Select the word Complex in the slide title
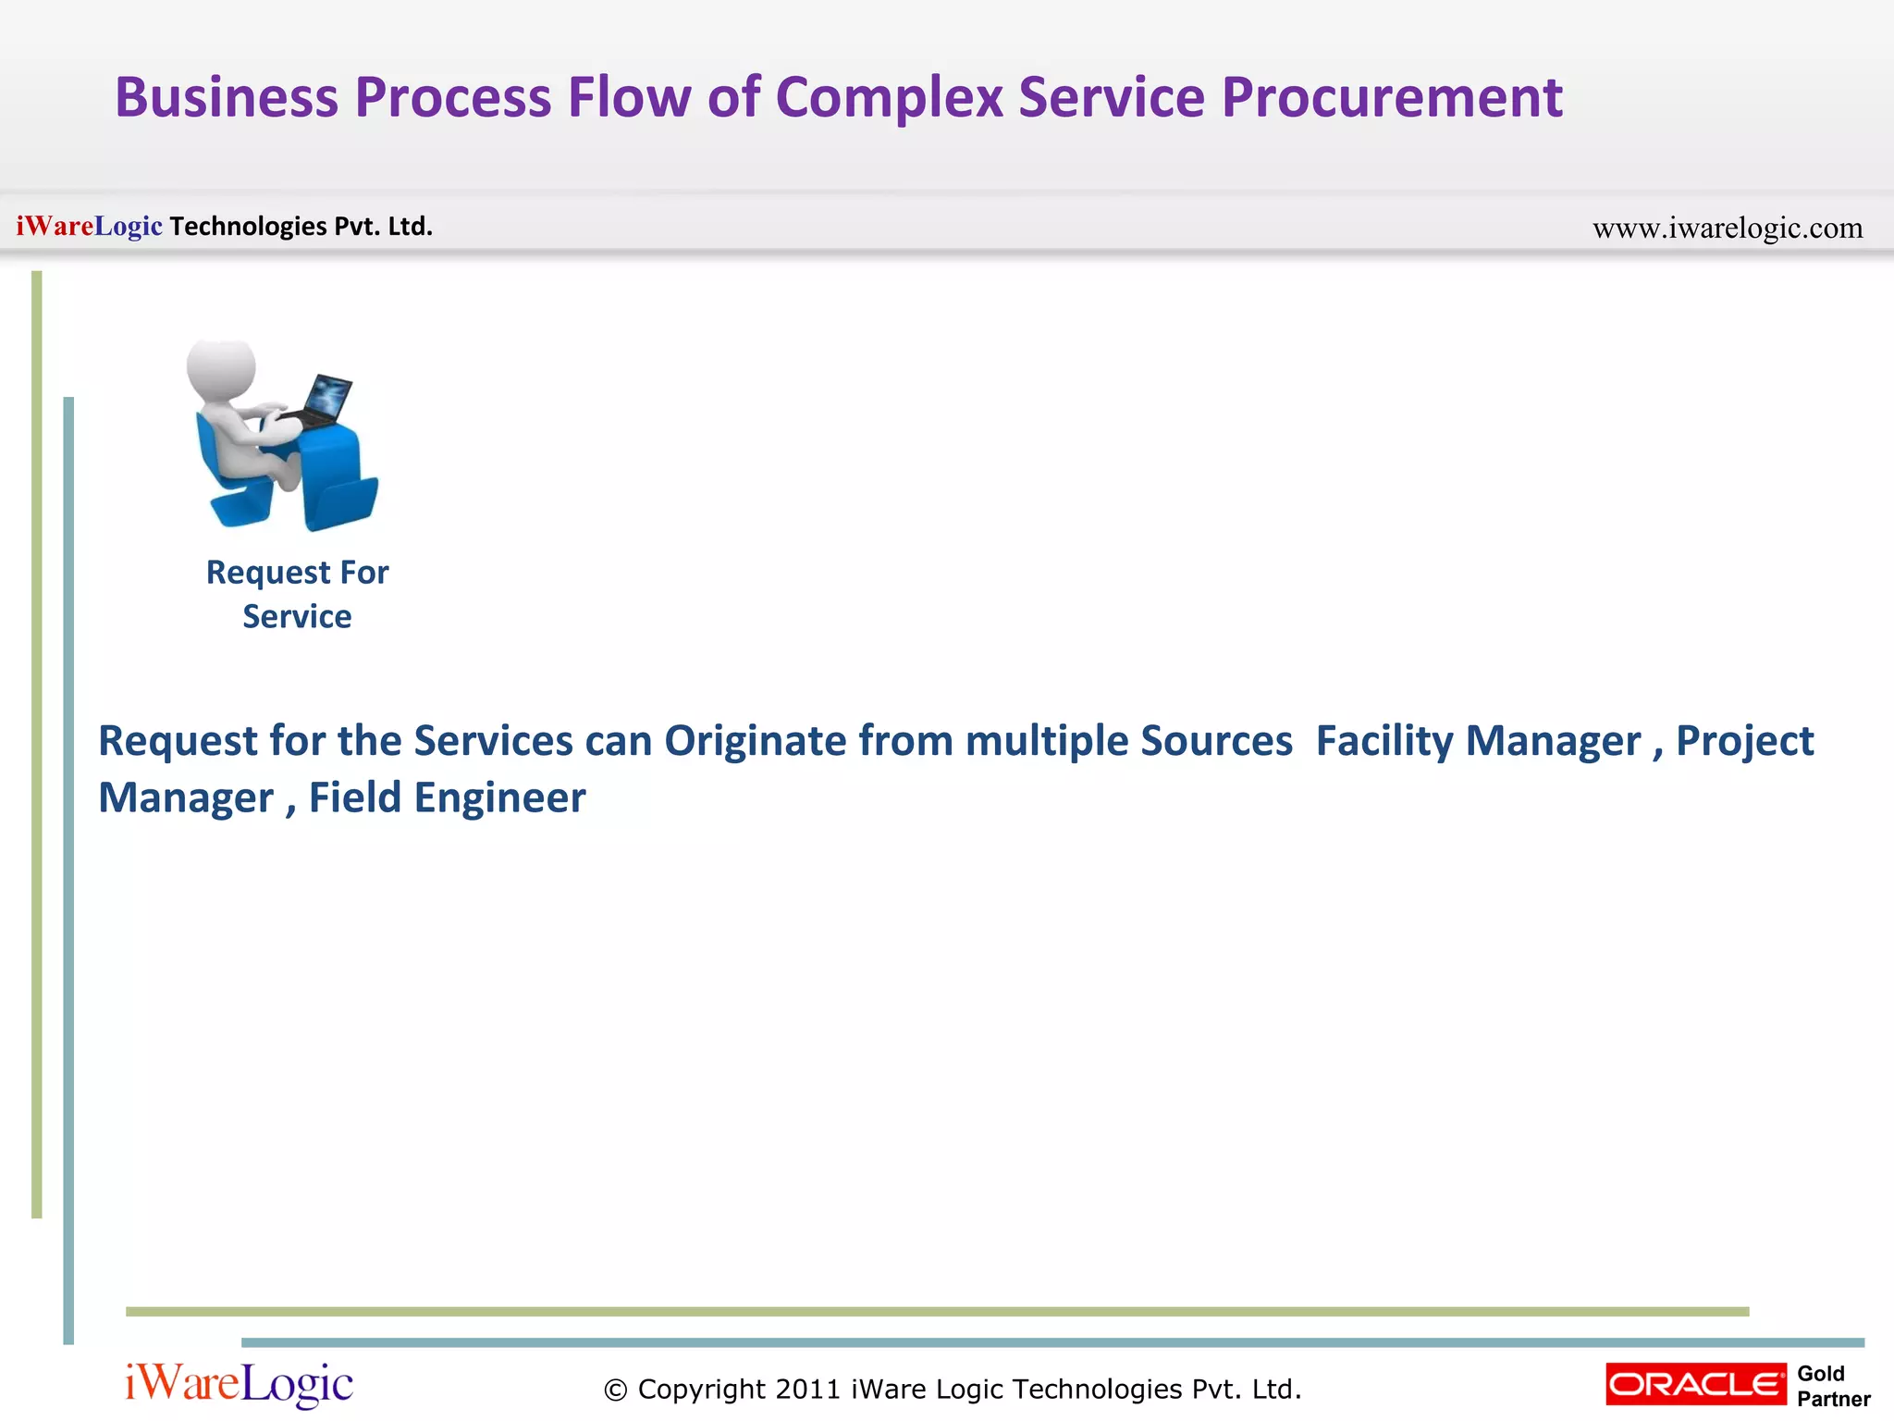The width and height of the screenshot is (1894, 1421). tap(889, 98)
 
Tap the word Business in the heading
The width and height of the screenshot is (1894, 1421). tap(227, 98)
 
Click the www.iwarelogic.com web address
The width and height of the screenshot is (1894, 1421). tap(1727, 228)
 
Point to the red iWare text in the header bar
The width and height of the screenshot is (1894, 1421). tap(55, 226)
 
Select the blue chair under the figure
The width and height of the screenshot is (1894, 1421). tap(231, 481)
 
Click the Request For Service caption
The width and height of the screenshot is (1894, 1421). tap(297, 594)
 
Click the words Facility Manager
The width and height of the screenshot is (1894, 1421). tap(1477, 741)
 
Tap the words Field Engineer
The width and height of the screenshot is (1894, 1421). tap(447, 797)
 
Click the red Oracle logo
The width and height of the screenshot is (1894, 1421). tap(1695, 1384)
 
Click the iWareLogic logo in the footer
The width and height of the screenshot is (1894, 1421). tap(239, 1384)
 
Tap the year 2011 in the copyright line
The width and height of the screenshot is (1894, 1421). tap(808, 1389)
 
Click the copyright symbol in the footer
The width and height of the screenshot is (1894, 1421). tap(615, 1390)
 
